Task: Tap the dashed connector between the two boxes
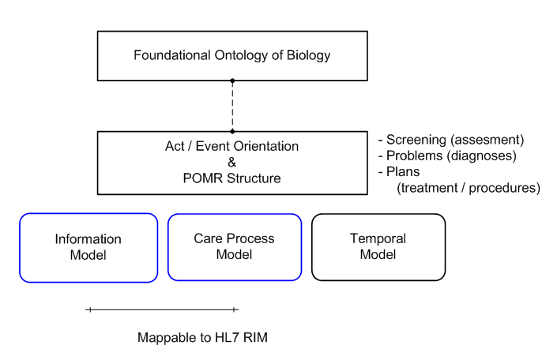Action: point(231,106)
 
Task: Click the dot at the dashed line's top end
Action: point(231,81)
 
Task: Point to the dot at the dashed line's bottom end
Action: point(231,131)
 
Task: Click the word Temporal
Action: point(378,238)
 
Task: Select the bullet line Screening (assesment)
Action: point(452,141)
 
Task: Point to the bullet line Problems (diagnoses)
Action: point(449,156)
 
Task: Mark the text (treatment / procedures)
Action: point(469,188)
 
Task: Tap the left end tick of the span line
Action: point(89,310)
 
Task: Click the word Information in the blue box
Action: point(88,239)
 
